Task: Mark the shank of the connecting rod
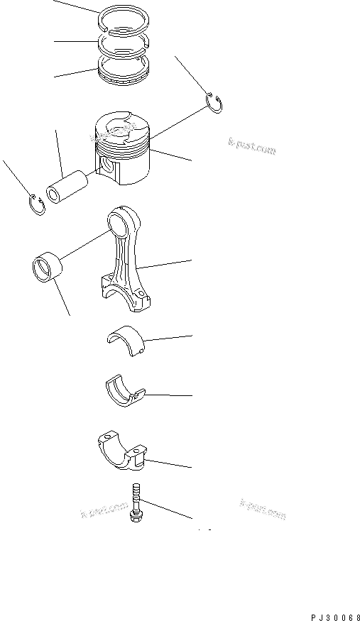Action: click(x=129, y=258)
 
